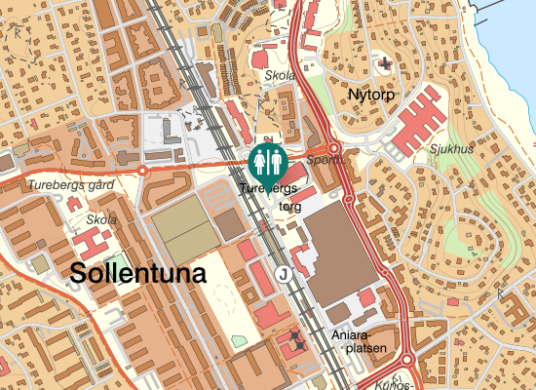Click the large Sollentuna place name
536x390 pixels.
(x=138, y=274)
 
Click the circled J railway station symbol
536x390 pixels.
(x=284, y=274)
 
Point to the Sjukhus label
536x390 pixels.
(x=450, y=149)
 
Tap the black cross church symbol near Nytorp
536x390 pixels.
(x=387, y=65)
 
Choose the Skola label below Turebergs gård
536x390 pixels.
(x=101, y=219)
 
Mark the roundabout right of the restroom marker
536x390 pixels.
(x=333, y=149)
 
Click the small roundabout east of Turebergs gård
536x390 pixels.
(x=142, y=171)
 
